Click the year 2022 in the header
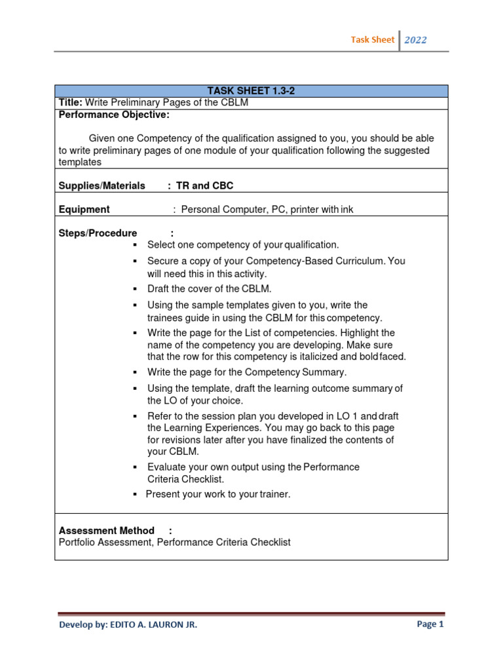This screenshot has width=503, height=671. [415, 40]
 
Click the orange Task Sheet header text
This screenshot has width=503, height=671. [373, 40]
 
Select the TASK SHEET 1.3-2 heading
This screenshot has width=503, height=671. [251, 91]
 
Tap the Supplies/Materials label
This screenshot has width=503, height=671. [102, 185]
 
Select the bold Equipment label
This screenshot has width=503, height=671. [84, 210]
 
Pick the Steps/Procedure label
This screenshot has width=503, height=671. [98, 233]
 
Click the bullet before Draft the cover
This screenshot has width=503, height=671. [134, 289]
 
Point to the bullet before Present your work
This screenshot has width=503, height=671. [134, 494]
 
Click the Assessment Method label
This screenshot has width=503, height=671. [107, 530]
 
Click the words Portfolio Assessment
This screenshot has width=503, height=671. [105, 543]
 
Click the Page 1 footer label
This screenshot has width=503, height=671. [430, 624]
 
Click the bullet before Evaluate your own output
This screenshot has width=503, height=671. [134, 467]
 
